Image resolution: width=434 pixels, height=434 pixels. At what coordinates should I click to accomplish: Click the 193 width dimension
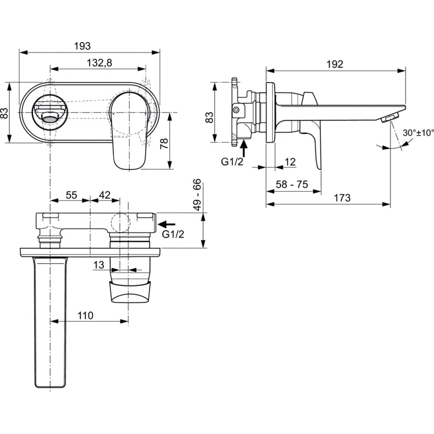[x=82, y=46]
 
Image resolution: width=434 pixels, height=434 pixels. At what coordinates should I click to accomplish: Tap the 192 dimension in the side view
[x=335, y=64]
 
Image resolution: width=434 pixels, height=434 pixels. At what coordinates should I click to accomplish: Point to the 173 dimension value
[x=342, y=198]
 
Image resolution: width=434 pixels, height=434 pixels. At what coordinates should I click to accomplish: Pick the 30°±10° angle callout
[x=418, y=133]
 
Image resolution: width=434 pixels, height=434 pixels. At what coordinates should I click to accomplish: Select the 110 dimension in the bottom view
[x=85, y=316]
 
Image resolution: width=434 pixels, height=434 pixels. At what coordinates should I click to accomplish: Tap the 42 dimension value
[x=105, y=195]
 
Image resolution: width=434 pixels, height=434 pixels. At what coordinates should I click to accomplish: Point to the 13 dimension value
[x=99, y=264]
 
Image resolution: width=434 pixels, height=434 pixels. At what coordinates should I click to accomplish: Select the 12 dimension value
[x=290, y=162]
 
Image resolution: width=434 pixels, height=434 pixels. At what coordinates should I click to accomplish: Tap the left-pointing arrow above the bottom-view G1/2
[x=167, y=224]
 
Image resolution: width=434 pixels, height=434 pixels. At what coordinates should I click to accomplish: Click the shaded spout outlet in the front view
[x=51, y=116]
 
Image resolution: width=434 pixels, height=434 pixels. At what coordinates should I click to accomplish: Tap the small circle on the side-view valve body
[x=235, y=110]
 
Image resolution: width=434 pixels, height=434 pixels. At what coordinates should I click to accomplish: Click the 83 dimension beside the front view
[x=5, y=113]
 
